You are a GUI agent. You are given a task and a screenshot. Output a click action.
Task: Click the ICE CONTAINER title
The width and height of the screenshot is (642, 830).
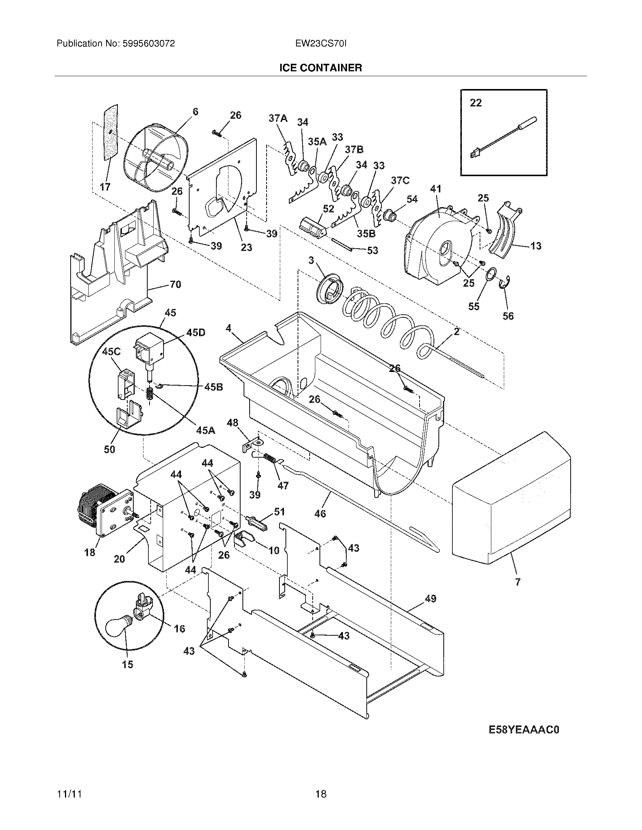[320, 68]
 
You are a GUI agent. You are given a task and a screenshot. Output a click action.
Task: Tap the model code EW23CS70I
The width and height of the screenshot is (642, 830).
[321, 43]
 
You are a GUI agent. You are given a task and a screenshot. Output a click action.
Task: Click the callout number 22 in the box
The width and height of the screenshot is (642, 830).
[475, 103]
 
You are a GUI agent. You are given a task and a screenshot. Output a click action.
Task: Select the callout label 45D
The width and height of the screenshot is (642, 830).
[196, 332]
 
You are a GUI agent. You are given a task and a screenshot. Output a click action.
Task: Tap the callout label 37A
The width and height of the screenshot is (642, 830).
[278, 118]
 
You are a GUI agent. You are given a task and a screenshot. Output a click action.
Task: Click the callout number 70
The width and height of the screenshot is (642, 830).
[175, 284]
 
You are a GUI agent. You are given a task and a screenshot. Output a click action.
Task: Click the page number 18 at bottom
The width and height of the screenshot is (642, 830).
[321, 794]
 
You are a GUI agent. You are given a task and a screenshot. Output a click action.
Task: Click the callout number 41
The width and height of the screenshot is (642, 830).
[435, 189]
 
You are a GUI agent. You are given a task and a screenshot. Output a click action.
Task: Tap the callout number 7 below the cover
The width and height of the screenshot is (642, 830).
[518, 592]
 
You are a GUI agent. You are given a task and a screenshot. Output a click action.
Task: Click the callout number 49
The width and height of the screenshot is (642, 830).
[431, 599]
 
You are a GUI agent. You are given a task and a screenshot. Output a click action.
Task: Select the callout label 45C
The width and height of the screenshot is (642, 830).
[111, 352]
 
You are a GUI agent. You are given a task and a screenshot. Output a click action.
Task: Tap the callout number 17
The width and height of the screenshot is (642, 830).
[105, 187]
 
